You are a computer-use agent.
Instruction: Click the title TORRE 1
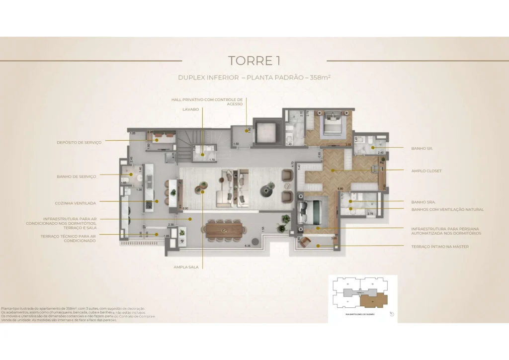(x=254, y=61)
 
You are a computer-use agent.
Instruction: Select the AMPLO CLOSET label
(x=426, y=171)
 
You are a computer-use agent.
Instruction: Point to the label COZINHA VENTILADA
(x=76, y=203)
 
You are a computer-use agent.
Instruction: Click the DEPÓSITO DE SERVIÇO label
(x=79, y=142)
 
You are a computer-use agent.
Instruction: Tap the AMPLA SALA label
(x=186, y=267)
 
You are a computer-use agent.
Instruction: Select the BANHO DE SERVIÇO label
(x=77, y=176)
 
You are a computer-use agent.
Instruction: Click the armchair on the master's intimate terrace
(x=304, y=242)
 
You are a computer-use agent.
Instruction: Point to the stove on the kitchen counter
(x=148, y=203)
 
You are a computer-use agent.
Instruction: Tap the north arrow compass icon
(x=392, y=314)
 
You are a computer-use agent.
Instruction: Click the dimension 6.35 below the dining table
(x=247, y=246)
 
